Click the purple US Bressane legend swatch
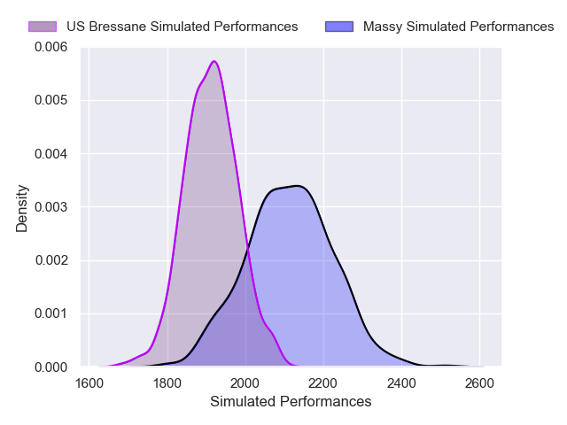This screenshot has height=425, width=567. pos(42,27)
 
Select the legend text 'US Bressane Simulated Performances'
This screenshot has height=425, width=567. pos(182,27)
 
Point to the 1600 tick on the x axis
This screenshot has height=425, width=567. pos(89,383)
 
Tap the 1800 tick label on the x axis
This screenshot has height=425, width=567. pos(167,383)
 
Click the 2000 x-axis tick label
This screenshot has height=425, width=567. pos(245,383)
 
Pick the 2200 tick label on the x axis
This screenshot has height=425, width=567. pos(323,383)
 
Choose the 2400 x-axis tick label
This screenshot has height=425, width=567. pos(401,383)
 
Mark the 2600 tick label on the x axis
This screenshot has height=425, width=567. pos(479,383)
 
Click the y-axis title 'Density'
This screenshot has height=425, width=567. pos(22,207)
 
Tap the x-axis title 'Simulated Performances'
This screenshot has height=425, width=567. pos(291,402)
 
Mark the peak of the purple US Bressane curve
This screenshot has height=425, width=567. pos(214,61)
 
